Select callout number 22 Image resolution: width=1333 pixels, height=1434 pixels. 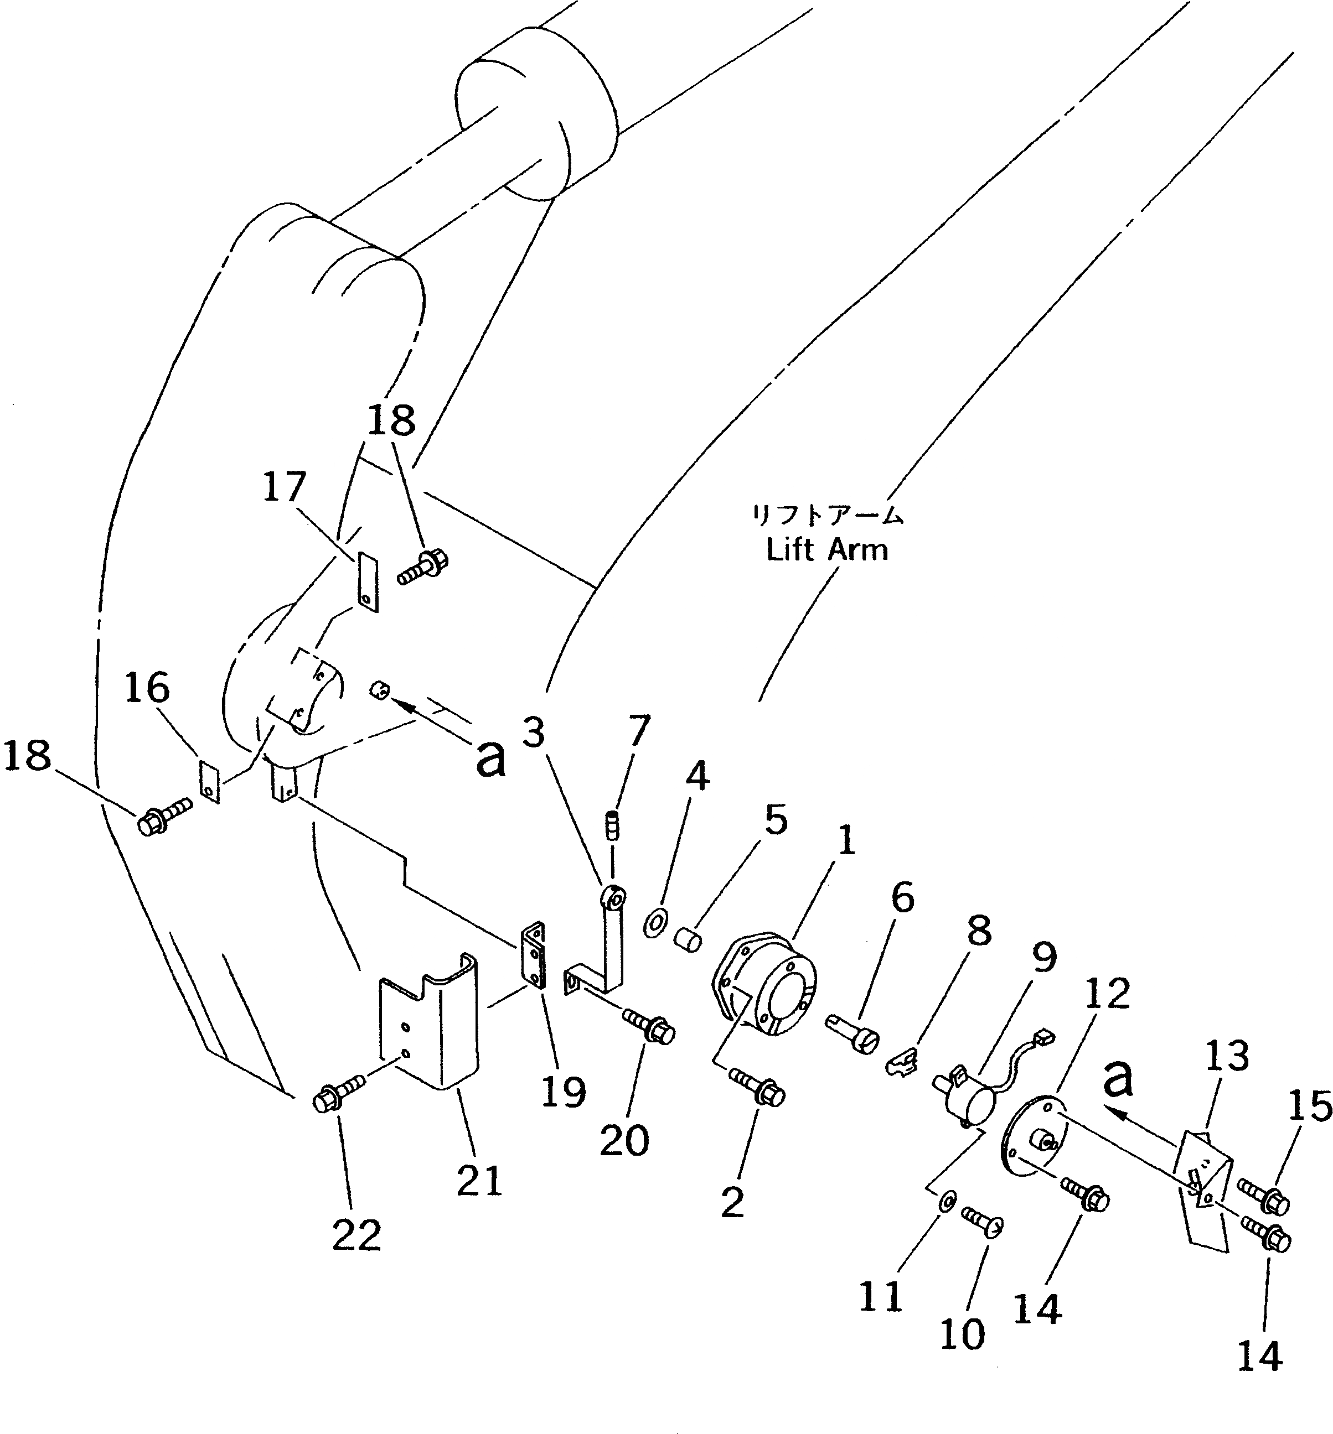(x=356, y=1236)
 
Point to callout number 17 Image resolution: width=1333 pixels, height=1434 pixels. (x=283, y=487)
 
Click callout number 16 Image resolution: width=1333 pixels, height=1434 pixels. (x=147, y=688)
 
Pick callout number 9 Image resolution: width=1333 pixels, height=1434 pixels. (x=1043, y=958)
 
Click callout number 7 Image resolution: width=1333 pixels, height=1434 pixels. (x=639, y=731)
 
